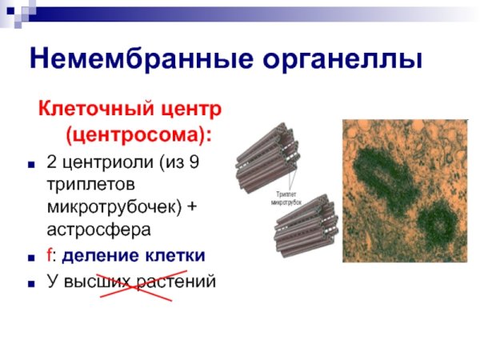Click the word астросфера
pyautogui.click(x=99, y=230)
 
